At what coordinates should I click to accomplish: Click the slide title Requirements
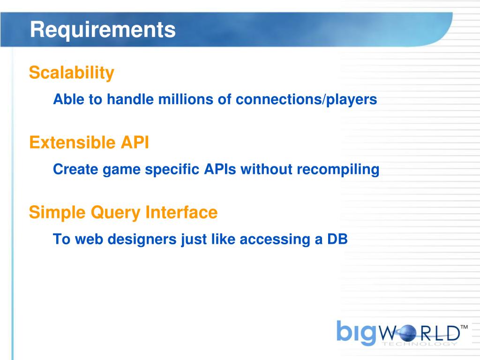click(x=103, y=30)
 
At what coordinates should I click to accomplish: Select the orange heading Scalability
click(x=72, y=73)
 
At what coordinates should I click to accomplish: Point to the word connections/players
click(x=307, y=100)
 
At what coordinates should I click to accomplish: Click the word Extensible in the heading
click(x=72, y=142)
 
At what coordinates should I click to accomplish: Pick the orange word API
click(x=135, y=142)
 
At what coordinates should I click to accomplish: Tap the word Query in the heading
click(x=115, y=213)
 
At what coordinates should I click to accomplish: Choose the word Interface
click(x=181, y=212)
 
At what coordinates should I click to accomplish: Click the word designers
click(x=142, y=240)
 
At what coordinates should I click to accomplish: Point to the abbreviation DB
click(x=337, y=239)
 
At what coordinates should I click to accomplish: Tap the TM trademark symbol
click(x=464, y=327)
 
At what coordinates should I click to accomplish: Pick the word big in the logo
click(x=356, y=332)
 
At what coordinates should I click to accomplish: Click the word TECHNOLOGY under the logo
click(x=420, y=344)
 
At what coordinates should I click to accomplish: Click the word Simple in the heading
click(x=57, y=213)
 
